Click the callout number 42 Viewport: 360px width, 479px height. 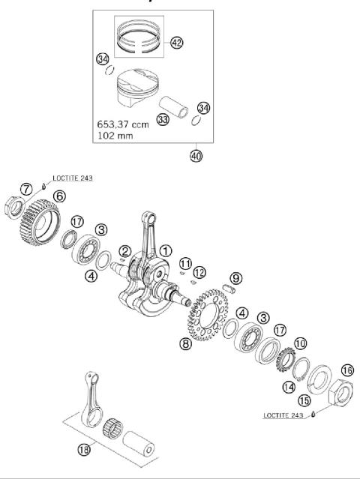click(177, 43)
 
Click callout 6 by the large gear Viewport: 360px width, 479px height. click(58, 196)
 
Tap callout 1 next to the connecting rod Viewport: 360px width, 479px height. click(165, 251)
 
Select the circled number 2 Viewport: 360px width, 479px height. click(125, 251)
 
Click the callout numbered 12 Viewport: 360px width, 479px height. click(199, 271)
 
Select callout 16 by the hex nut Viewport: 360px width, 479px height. click(346, 370)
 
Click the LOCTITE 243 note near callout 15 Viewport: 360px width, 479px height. click(285, 415)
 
